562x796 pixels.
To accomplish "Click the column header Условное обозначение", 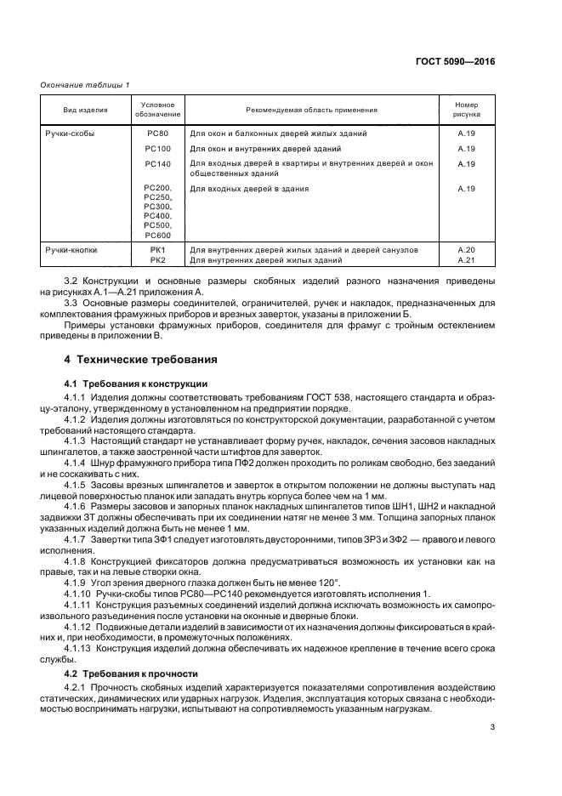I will [157, 111].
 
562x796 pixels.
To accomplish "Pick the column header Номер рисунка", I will [466, 111].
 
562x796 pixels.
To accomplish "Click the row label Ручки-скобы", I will [71, 134].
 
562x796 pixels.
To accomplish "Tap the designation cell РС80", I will [157, 134].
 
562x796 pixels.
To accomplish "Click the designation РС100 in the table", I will [157, 149].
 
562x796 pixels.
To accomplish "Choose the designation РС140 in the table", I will [157, 163].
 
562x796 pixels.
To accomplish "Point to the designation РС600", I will [157, 235].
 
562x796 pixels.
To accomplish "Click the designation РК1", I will [157, 250].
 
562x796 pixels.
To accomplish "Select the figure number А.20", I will [466, 250].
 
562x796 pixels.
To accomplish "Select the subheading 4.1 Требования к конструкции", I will [130, 384].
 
